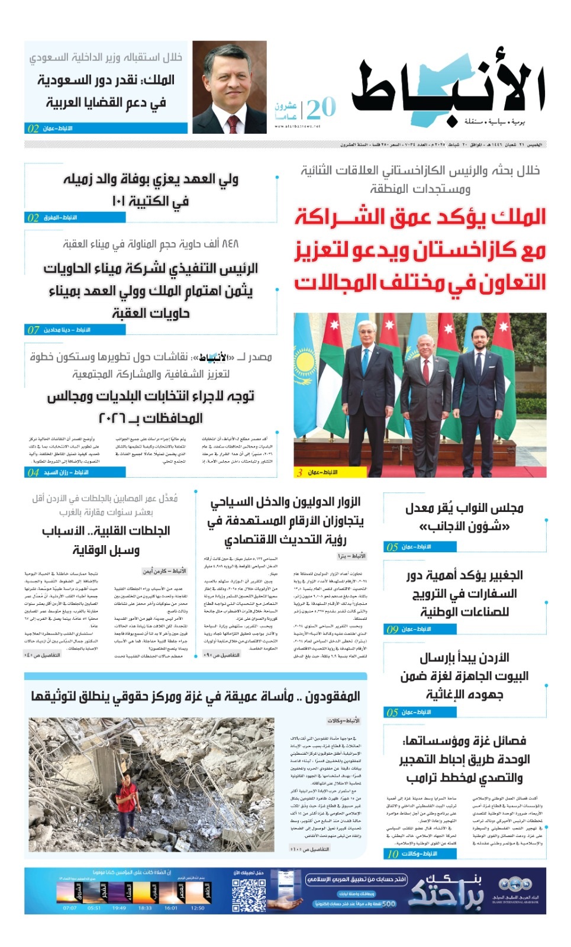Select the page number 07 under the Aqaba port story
tap(34, 330)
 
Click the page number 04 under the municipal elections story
tap(34, 472)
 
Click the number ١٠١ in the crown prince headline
tap(121, 201)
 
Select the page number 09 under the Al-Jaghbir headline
tap(392, 629)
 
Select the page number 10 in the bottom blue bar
tap(393, 853)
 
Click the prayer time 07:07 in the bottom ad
tap(70, 907)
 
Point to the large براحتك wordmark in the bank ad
tap(445, 891)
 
